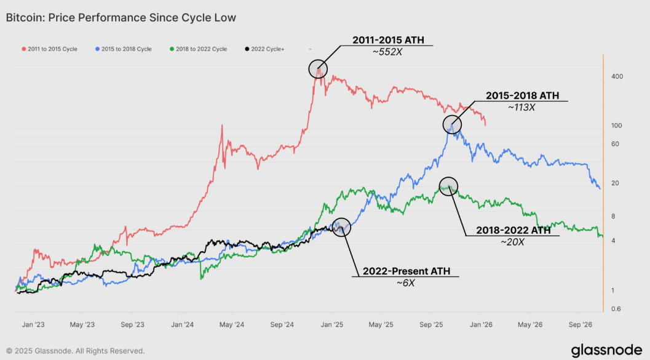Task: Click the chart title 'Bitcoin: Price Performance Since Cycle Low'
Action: click(x=121, y=18)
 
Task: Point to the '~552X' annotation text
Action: click(x=387, y=52)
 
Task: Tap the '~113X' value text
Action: click(x=521, y=107)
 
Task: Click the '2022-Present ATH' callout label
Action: click(x=406, y=271)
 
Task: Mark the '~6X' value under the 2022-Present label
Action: click(x=406, y=282)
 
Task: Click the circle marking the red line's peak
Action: click(x=317, y=69)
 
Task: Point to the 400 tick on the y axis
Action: click(x=617, y=76)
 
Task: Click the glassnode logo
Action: click(x=606, y=350)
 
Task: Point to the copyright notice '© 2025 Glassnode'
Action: click(x=76, y=351)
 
